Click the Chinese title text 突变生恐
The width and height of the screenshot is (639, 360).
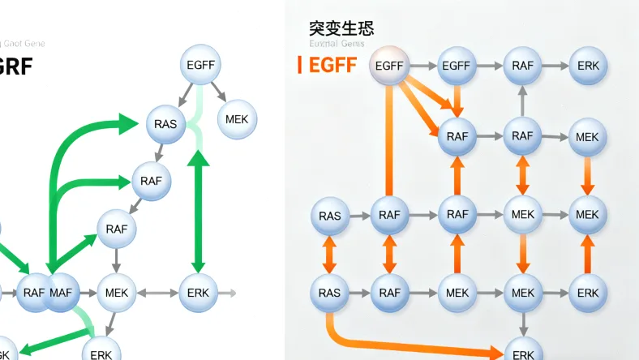(341, 28)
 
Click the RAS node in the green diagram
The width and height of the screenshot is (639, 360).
(165, 124)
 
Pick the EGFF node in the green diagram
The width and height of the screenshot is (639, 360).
(199, 66)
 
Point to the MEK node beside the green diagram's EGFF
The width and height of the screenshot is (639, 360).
(237, 119)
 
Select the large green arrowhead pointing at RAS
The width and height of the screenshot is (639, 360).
(127, 124)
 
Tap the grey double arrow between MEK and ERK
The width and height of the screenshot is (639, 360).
(157, 293)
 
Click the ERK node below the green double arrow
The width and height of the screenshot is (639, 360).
(198, 293)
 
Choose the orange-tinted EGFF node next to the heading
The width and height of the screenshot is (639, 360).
(389, 65)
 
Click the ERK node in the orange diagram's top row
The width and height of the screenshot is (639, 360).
(587, 65)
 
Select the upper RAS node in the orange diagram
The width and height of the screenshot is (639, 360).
(330, 216)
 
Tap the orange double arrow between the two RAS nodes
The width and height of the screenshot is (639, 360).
(330, 254)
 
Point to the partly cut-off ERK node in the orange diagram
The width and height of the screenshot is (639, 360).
(523, 351)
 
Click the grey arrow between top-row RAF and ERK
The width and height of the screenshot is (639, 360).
(555, 65)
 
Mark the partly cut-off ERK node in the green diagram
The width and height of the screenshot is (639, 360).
(101, 350)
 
